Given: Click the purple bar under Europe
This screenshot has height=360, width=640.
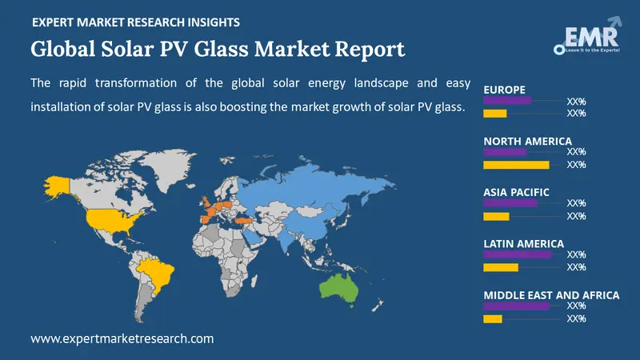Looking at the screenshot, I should point(507,101).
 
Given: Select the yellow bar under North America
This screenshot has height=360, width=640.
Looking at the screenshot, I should point(516,165).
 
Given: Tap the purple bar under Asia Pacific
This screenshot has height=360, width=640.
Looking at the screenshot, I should point(510,203).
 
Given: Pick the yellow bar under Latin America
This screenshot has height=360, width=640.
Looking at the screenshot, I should point(501,267).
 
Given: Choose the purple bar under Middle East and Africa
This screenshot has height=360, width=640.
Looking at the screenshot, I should point(517,306).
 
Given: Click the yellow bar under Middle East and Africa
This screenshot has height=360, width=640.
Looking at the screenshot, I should point(493,319).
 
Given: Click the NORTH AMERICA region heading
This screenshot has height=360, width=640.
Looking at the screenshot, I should point(527,141).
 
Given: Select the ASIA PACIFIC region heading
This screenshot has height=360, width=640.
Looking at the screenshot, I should point(516,192).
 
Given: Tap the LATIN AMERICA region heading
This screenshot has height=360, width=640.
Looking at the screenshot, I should point(523,243).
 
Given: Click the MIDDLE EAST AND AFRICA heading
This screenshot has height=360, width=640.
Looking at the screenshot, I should point(551,295).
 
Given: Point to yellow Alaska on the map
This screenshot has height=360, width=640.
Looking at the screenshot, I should point(58,186).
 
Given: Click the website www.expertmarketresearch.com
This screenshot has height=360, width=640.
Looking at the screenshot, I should point(122,338).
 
